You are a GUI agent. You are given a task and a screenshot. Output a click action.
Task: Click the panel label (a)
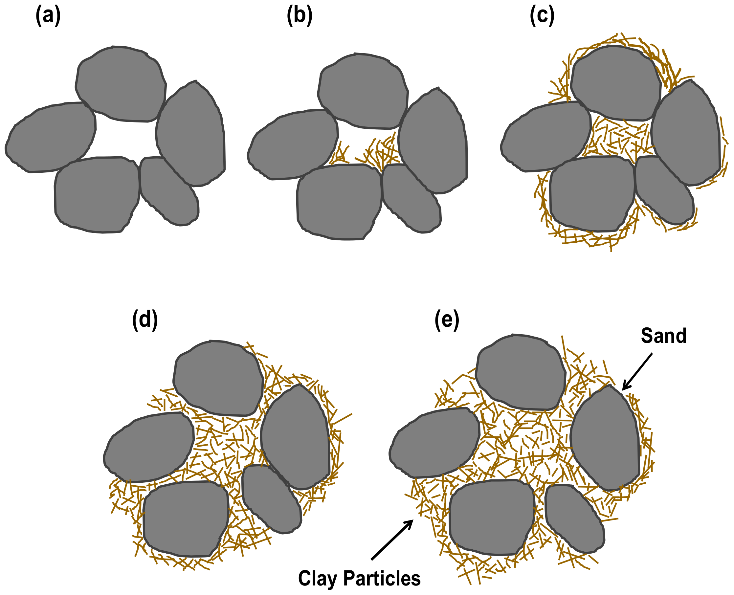tap(48, 16)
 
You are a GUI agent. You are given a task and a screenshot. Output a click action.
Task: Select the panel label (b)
tap(299, 16)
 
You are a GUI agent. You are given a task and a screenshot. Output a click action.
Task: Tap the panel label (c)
tap(542, 16)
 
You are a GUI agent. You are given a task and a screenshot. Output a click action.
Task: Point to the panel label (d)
tap(145, 320)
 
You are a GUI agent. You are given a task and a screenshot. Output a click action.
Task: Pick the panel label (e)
tap(447, 320)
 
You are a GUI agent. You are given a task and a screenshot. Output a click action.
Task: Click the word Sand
tap(663, 336)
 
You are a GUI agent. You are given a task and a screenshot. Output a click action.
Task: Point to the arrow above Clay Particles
tap(392, 540)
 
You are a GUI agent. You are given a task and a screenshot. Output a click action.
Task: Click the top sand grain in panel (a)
tap(121, 84)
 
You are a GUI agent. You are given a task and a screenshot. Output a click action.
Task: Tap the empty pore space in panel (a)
tap(125, 139)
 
